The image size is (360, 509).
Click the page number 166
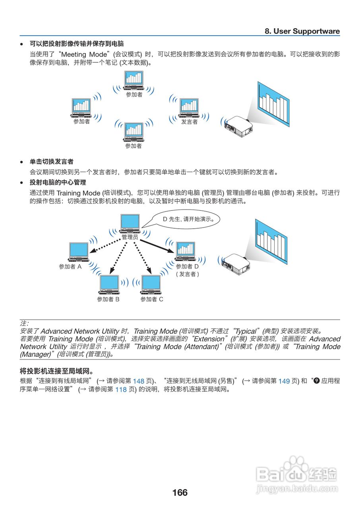click(180, 493)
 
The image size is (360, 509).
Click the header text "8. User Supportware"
click(302, 31)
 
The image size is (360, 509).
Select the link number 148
click(138, 381)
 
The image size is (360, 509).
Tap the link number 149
click(284, 381)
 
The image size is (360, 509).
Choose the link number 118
click(121, 390)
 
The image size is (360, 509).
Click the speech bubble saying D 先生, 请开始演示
click(188, 219)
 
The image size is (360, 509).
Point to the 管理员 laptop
click(130, 224)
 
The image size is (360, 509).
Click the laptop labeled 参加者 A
click(78, 252)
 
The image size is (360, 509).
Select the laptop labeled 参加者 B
click(109, 284)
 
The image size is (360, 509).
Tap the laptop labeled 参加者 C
click(151, 284)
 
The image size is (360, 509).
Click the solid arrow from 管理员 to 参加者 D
click(157, 246)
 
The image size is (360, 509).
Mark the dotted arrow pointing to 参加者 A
click(105, 245)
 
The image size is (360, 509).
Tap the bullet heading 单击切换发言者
click(52, 162)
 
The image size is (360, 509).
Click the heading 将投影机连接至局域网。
click(56, 371)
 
